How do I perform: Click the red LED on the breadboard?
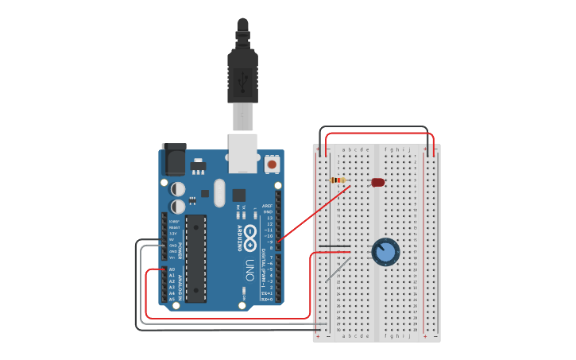tap(378, 182)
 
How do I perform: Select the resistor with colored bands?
tap(338, 180)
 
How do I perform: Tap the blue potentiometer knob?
tap(385, 252)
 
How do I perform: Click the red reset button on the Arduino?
tap(272, 165)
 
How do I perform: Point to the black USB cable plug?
tap(242, 72)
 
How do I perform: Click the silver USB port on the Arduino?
tap(242, 153)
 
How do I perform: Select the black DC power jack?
tap(173, 160)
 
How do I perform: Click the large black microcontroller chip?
tap(196, 258)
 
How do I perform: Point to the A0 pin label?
tap(172, 270)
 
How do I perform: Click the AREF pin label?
tap(268, 206)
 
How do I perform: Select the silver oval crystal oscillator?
tap(219, 192)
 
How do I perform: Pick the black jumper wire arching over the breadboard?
tap(373, 127)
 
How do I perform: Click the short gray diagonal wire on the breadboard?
tap(338, 269)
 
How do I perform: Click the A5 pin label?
tap(172, 299)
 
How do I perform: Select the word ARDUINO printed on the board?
tap(240, 238)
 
